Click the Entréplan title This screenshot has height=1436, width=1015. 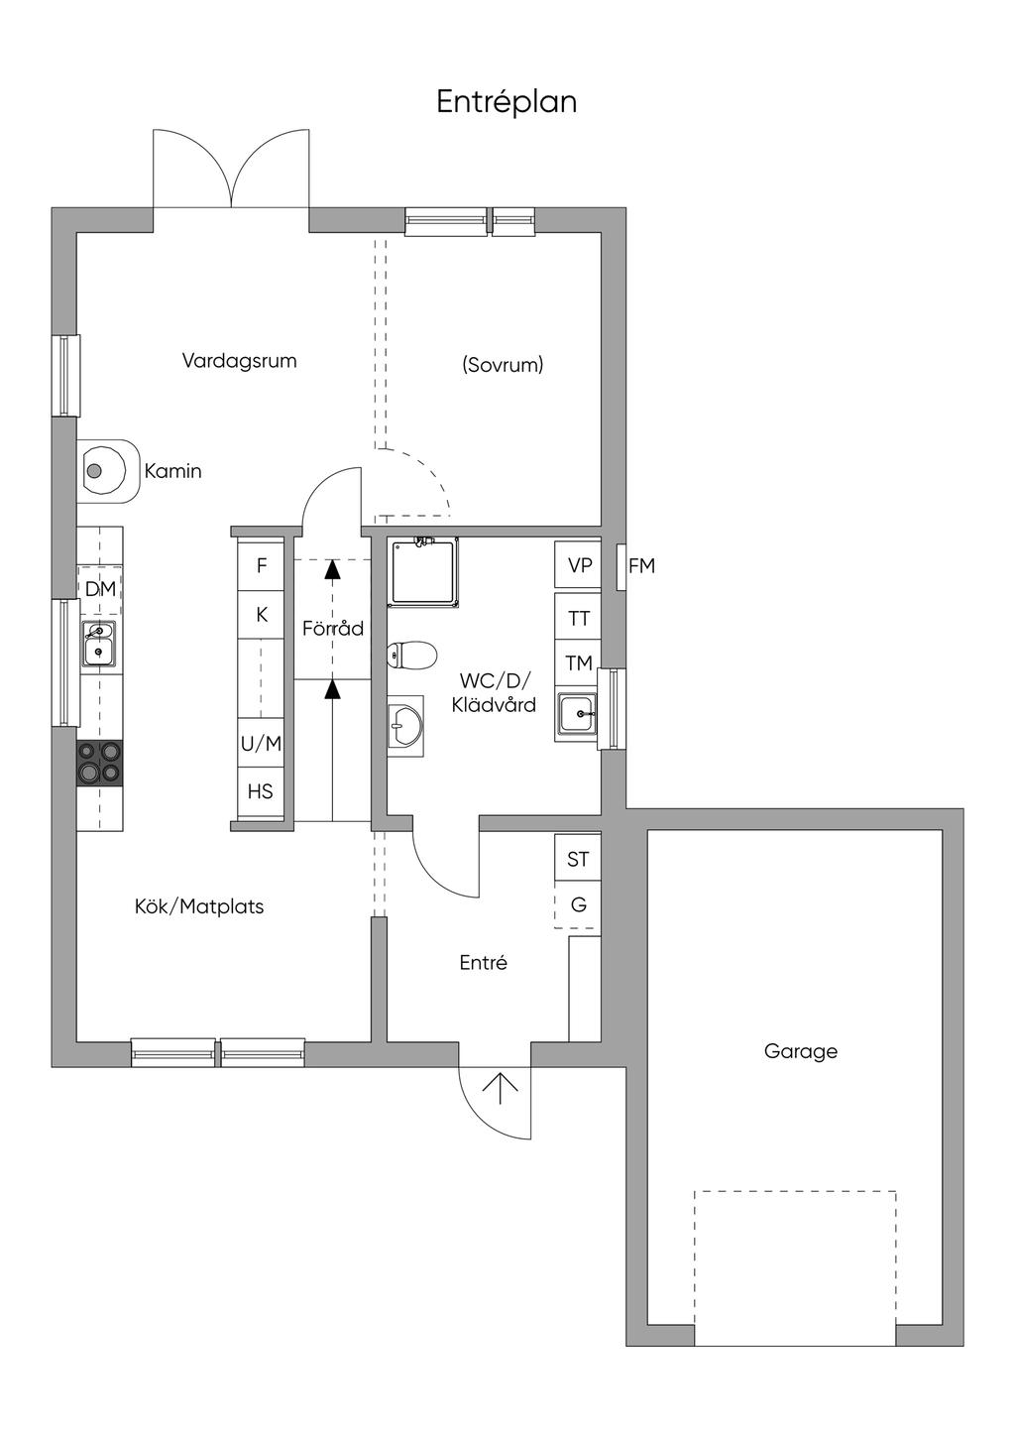[x=507, y=102]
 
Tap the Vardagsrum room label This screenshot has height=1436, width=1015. [x=239, y=361]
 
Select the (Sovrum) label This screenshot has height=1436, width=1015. [x=503, y=365]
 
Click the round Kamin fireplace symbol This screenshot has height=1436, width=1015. [x=95, y=471]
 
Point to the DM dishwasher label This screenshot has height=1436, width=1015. [x=100, y=589]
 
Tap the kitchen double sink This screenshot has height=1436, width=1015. [x=99, y=643]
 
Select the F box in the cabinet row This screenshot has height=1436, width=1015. [x=262, y=566]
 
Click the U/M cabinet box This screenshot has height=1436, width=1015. [x=262, y=743]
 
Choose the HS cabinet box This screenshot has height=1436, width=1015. [x=261, y=791]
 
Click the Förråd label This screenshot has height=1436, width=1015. [x=333, y=629]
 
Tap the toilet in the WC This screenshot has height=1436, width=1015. [x=411, y=655]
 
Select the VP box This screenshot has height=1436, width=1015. [x=580, y=565]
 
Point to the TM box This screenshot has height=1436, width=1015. [x=579, y=663]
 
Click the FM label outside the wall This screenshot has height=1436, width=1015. [x=641, y=566]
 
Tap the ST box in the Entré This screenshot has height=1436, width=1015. [x=578, y=859]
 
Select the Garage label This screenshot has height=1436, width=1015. [x=800, y=1051]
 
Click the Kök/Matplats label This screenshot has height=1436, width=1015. [x=199, y=906]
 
